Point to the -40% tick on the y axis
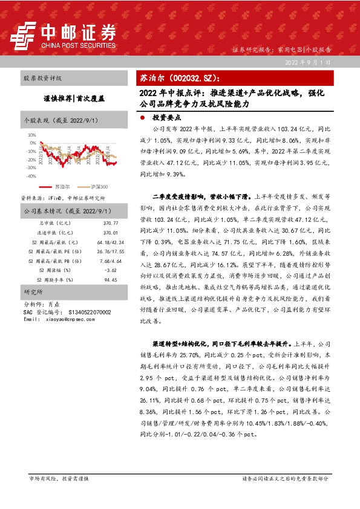pyautogui.click(x=30, y=176)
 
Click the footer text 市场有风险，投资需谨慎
pyautogui.click(x=59, y=478)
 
